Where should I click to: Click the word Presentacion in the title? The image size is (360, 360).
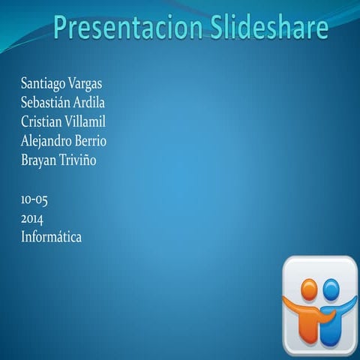[x=121, y=28]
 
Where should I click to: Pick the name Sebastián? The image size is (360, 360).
[x=46, y=102]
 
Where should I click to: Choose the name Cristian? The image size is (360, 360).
[x=42, y=121]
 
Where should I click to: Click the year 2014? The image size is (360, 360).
[x=32, y=219]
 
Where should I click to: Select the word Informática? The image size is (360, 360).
[x=51, y=237]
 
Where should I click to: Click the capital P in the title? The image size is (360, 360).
[x=62, y=28]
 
